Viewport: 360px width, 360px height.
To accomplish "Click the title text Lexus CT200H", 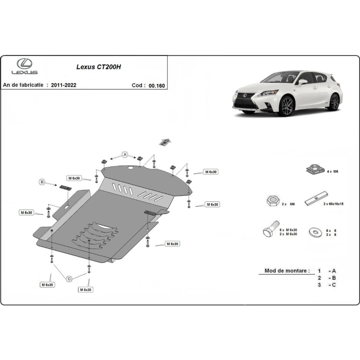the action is tap(99, 67).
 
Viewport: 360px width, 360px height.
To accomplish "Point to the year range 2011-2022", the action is tap(63, 85).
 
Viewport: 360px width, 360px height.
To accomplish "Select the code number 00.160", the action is tap(157, 86).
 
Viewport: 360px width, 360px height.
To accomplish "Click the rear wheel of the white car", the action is tap(335, 102).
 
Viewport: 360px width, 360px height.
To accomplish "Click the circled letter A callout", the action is tap(125, 155).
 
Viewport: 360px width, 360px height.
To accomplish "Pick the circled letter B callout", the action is tap(42, 182).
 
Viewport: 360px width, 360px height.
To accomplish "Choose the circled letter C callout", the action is tap(69, 279).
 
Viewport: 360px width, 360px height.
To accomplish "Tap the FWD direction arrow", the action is tap(165, 142).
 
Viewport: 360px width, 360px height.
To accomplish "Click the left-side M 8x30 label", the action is tap(27, 213).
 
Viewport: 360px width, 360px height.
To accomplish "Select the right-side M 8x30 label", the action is tap(172, 244).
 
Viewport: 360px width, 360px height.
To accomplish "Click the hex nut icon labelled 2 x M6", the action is tap(273, 201).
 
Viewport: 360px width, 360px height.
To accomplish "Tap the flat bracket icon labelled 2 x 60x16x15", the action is tap(316, 198).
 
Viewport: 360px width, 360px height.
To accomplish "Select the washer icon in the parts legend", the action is tap(316, 232).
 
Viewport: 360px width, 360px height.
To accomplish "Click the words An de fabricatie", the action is tap(23, 85).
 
